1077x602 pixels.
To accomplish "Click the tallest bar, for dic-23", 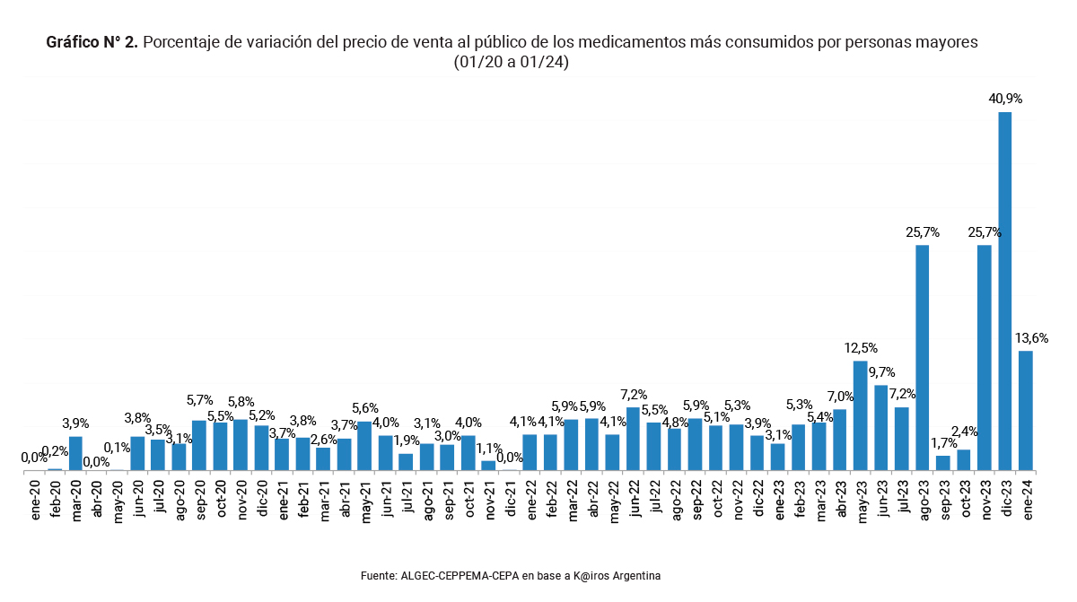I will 1005,291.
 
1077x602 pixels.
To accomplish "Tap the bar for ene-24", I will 1026,410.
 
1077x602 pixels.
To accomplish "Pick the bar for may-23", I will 860,415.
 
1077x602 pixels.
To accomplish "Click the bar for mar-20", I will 76,453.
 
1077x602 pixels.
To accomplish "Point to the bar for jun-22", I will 633,439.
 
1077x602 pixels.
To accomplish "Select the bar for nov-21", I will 488,466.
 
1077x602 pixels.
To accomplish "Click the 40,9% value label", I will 1005,99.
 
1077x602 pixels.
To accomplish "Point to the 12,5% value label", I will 861,348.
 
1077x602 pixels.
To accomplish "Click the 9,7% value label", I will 881,372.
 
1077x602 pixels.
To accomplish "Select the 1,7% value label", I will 943,442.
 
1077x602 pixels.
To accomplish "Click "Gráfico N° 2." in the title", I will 92,42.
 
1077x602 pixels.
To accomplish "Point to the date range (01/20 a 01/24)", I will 512,63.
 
